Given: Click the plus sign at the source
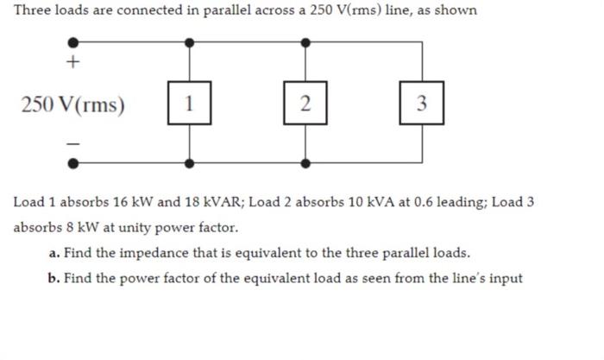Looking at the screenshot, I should coord(73,62).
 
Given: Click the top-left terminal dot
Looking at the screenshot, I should coord(73,41).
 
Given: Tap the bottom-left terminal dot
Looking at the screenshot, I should coord(73,161).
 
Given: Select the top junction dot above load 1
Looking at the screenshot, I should coord(189,41).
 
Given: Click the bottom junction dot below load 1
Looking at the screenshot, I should coord(189,161).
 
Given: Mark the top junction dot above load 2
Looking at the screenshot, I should coord(305,41).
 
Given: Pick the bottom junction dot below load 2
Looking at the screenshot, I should coord(305,161).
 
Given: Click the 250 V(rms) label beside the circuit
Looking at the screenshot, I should coord(73,105).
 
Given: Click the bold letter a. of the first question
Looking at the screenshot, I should coord(54,253).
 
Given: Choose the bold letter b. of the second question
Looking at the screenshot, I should coord(54,278).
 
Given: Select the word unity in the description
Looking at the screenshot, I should coord(121,228).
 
